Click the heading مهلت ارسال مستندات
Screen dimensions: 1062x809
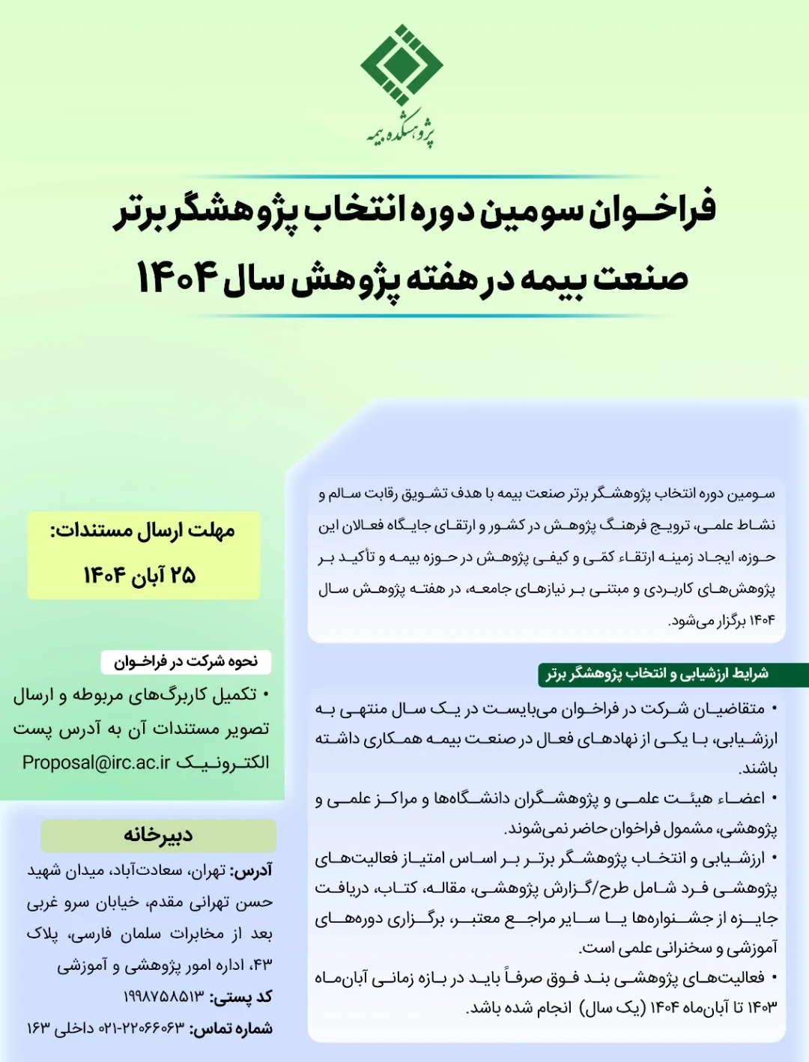click(142, 531)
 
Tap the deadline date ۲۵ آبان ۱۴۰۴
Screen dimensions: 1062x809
click(139, 575)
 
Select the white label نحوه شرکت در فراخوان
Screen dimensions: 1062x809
click(186, 661)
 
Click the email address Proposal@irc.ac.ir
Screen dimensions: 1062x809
click(96, 762)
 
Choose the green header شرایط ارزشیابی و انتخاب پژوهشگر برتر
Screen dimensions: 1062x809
click(657, 674)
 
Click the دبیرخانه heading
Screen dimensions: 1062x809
click(158, 835)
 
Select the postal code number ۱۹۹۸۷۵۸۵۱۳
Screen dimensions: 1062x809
click(163, 998)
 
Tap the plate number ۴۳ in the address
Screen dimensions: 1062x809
click(261, 965)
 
